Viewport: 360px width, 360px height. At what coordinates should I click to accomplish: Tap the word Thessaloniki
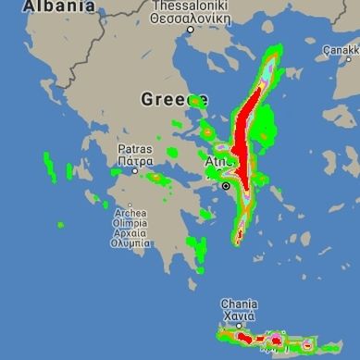pos(191,6)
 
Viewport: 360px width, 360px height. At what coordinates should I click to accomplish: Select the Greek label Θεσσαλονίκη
pos(191,17)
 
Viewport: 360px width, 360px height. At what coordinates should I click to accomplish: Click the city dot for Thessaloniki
pos(191,29)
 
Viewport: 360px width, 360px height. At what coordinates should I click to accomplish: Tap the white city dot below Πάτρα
pos(135,170)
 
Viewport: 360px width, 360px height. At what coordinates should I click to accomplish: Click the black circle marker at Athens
pos(225,186)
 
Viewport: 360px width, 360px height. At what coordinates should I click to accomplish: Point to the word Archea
pos(130,212)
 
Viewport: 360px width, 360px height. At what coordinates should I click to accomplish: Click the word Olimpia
pos(130,223)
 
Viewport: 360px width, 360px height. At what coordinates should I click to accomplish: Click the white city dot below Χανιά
pos(238,327)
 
